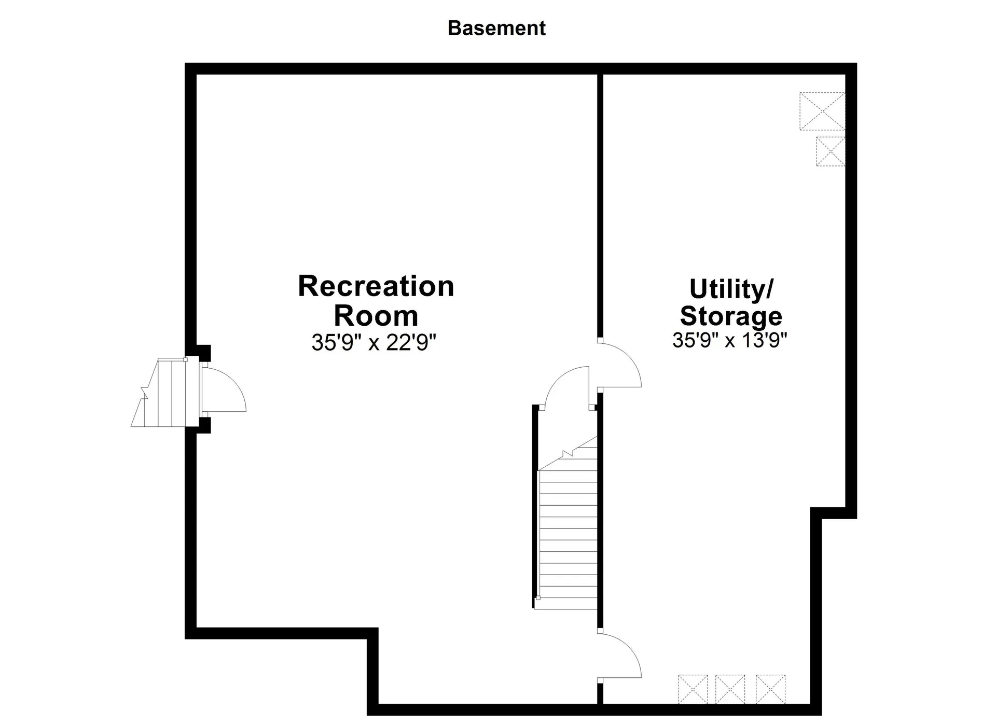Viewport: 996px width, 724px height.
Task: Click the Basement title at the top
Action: pyautogui.click(x=496, y=28)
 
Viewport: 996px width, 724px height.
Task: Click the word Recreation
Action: pyautogui.click(x=376, y=286)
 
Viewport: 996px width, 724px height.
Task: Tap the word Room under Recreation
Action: pyautogui.click(x=376, y=315)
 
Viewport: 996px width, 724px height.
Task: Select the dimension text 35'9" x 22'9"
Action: pyautogui.click(x=374, y=342)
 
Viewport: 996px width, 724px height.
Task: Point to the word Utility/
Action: pyautogui.click(x=731, y=289)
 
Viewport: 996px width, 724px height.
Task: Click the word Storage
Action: pyautogui.click(x=731, y=315)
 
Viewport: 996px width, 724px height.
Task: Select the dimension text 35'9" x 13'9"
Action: pyautogui.click(x=730, y=340)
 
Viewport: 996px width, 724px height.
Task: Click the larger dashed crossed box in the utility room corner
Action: pyautogui.click(x=822, y=111)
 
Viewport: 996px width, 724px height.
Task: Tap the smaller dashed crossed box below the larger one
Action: pyautogui.click(x=831, y=151)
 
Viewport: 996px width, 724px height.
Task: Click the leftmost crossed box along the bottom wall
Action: pyautogui.click(x=693, y=689)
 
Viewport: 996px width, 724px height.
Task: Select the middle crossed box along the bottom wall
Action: pyautogui.click(x=730, y=689)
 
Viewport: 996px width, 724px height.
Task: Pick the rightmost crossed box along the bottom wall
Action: pyautogui.click(x=770, y=689)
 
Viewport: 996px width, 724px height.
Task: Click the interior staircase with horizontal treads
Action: pyautogui.click(x=568, y=539)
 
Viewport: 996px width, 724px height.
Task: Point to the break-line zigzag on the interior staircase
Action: pyautogui.click(x=568, y=453)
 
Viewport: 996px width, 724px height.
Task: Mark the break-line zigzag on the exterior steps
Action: pyautogui.click(x=144, y=392)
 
